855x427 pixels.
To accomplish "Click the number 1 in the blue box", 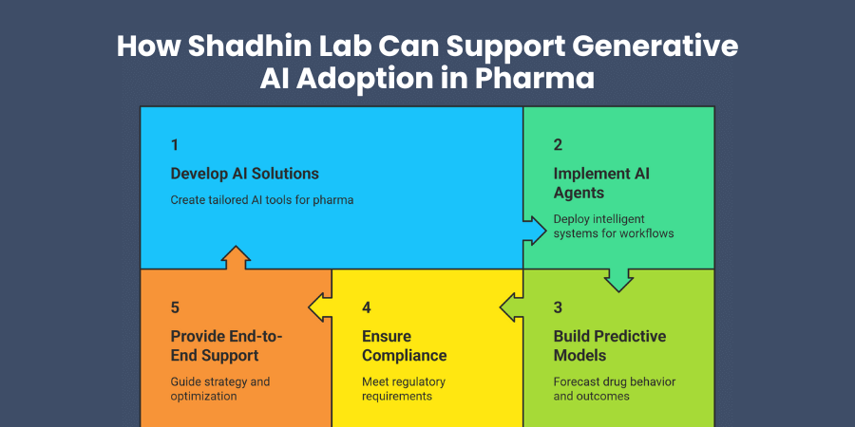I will click(175, 145).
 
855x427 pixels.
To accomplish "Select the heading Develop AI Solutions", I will click(244, 174).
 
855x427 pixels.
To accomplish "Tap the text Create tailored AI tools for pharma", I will click(262, 200).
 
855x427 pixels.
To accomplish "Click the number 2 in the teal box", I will click(558, 145).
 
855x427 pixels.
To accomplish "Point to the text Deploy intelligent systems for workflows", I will click(614, 226).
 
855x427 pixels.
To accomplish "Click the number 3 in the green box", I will click(558, 307).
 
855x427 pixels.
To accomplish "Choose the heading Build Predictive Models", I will click(609, 345).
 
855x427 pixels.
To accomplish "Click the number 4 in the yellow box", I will click(367, 307).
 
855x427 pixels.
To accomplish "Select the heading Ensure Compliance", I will click(404, 345).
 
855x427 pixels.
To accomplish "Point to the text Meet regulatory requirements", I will click(404, 389).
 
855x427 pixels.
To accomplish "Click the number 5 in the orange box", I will click(175, 307).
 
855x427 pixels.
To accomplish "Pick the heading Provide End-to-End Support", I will click(227, 345).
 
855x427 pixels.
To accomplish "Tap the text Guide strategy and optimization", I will click(220, 389).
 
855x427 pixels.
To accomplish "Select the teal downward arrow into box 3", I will click(618, 278).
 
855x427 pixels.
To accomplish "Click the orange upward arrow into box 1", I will click(235, 258).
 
